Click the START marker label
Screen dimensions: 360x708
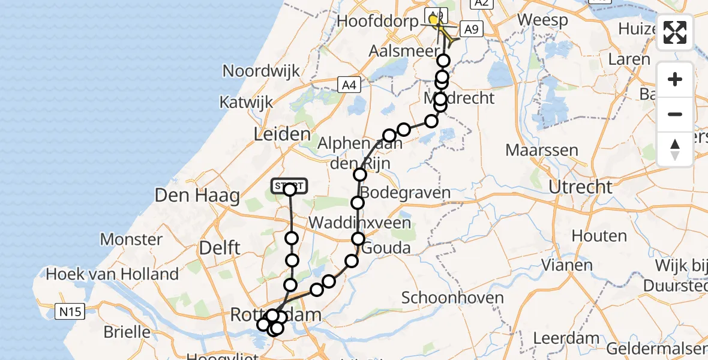[x=290, y=185]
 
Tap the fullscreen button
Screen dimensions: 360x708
[x=675, y=32]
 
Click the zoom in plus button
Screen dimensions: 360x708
[x=675, y=79]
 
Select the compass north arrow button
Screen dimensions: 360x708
[x=675, y=149]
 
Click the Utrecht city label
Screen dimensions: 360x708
[x=580, y=187]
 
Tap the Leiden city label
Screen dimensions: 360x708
[x=282, y=134]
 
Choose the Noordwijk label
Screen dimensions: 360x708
[x=261, y=71]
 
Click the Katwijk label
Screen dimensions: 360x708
[x=246, y=103]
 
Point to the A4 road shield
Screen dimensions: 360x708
[x=349, y=85]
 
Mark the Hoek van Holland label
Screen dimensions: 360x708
[x=112, y=274]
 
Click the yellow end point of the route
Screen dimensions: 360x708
[x=433, y=20]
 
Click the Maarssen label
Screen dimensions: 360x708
[x=542, y=149]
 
